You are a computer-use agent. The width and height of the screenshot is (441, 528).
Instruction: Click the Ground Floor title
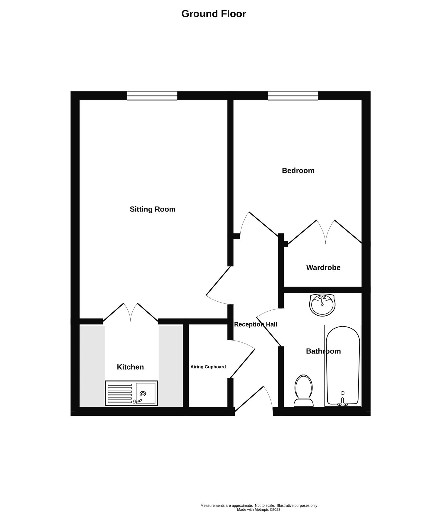click(x=214, y=14)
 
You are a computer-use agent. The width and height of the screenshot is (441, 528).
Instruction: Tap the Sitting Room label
click(x=153, y=209)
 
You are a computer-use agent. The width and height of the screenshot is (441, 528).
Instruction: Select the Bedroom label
click(x=298, y=170)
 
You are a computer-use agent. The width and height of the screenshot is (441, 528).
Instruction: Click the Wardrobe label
click(x=323, y=268)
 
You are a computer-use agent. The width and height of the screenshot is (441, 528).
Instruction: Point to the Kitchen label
click(x=130, y=367)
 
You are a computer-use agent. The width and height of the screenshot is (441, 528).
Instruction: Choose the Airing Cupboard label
click(x=208, y=367)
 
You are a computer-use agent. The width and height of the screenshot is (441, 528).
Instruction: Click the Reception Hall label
click(x=256, y=324)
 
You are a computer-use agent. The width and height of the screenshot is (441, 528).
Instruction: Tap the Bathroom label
click(x=323, y=351)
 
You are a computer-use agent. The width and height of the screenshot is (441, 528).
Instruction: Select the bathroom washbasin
click(x=322, y=305)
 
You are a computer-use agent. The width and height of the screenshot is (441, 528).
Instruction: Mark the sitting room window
click(x=152, y=96)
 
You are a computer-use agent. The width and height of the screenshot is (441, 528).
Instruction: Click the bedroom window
click(x=293, y=96)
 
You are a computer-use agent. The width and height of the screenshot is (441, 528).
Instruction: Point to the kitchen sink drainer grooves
click(x=120, y=393)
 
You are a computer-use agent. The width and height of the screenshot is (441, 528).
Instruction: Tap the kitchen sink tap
click(x=137, y=401)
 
